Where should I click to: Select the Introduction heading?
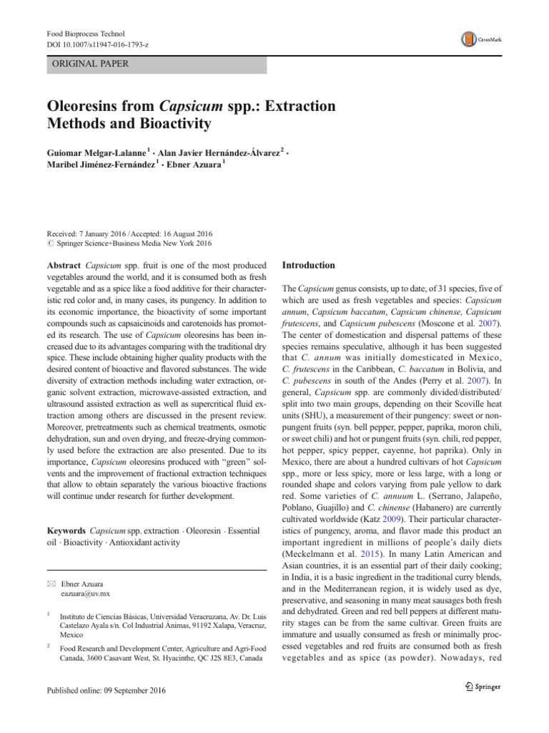pos(309,266)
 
